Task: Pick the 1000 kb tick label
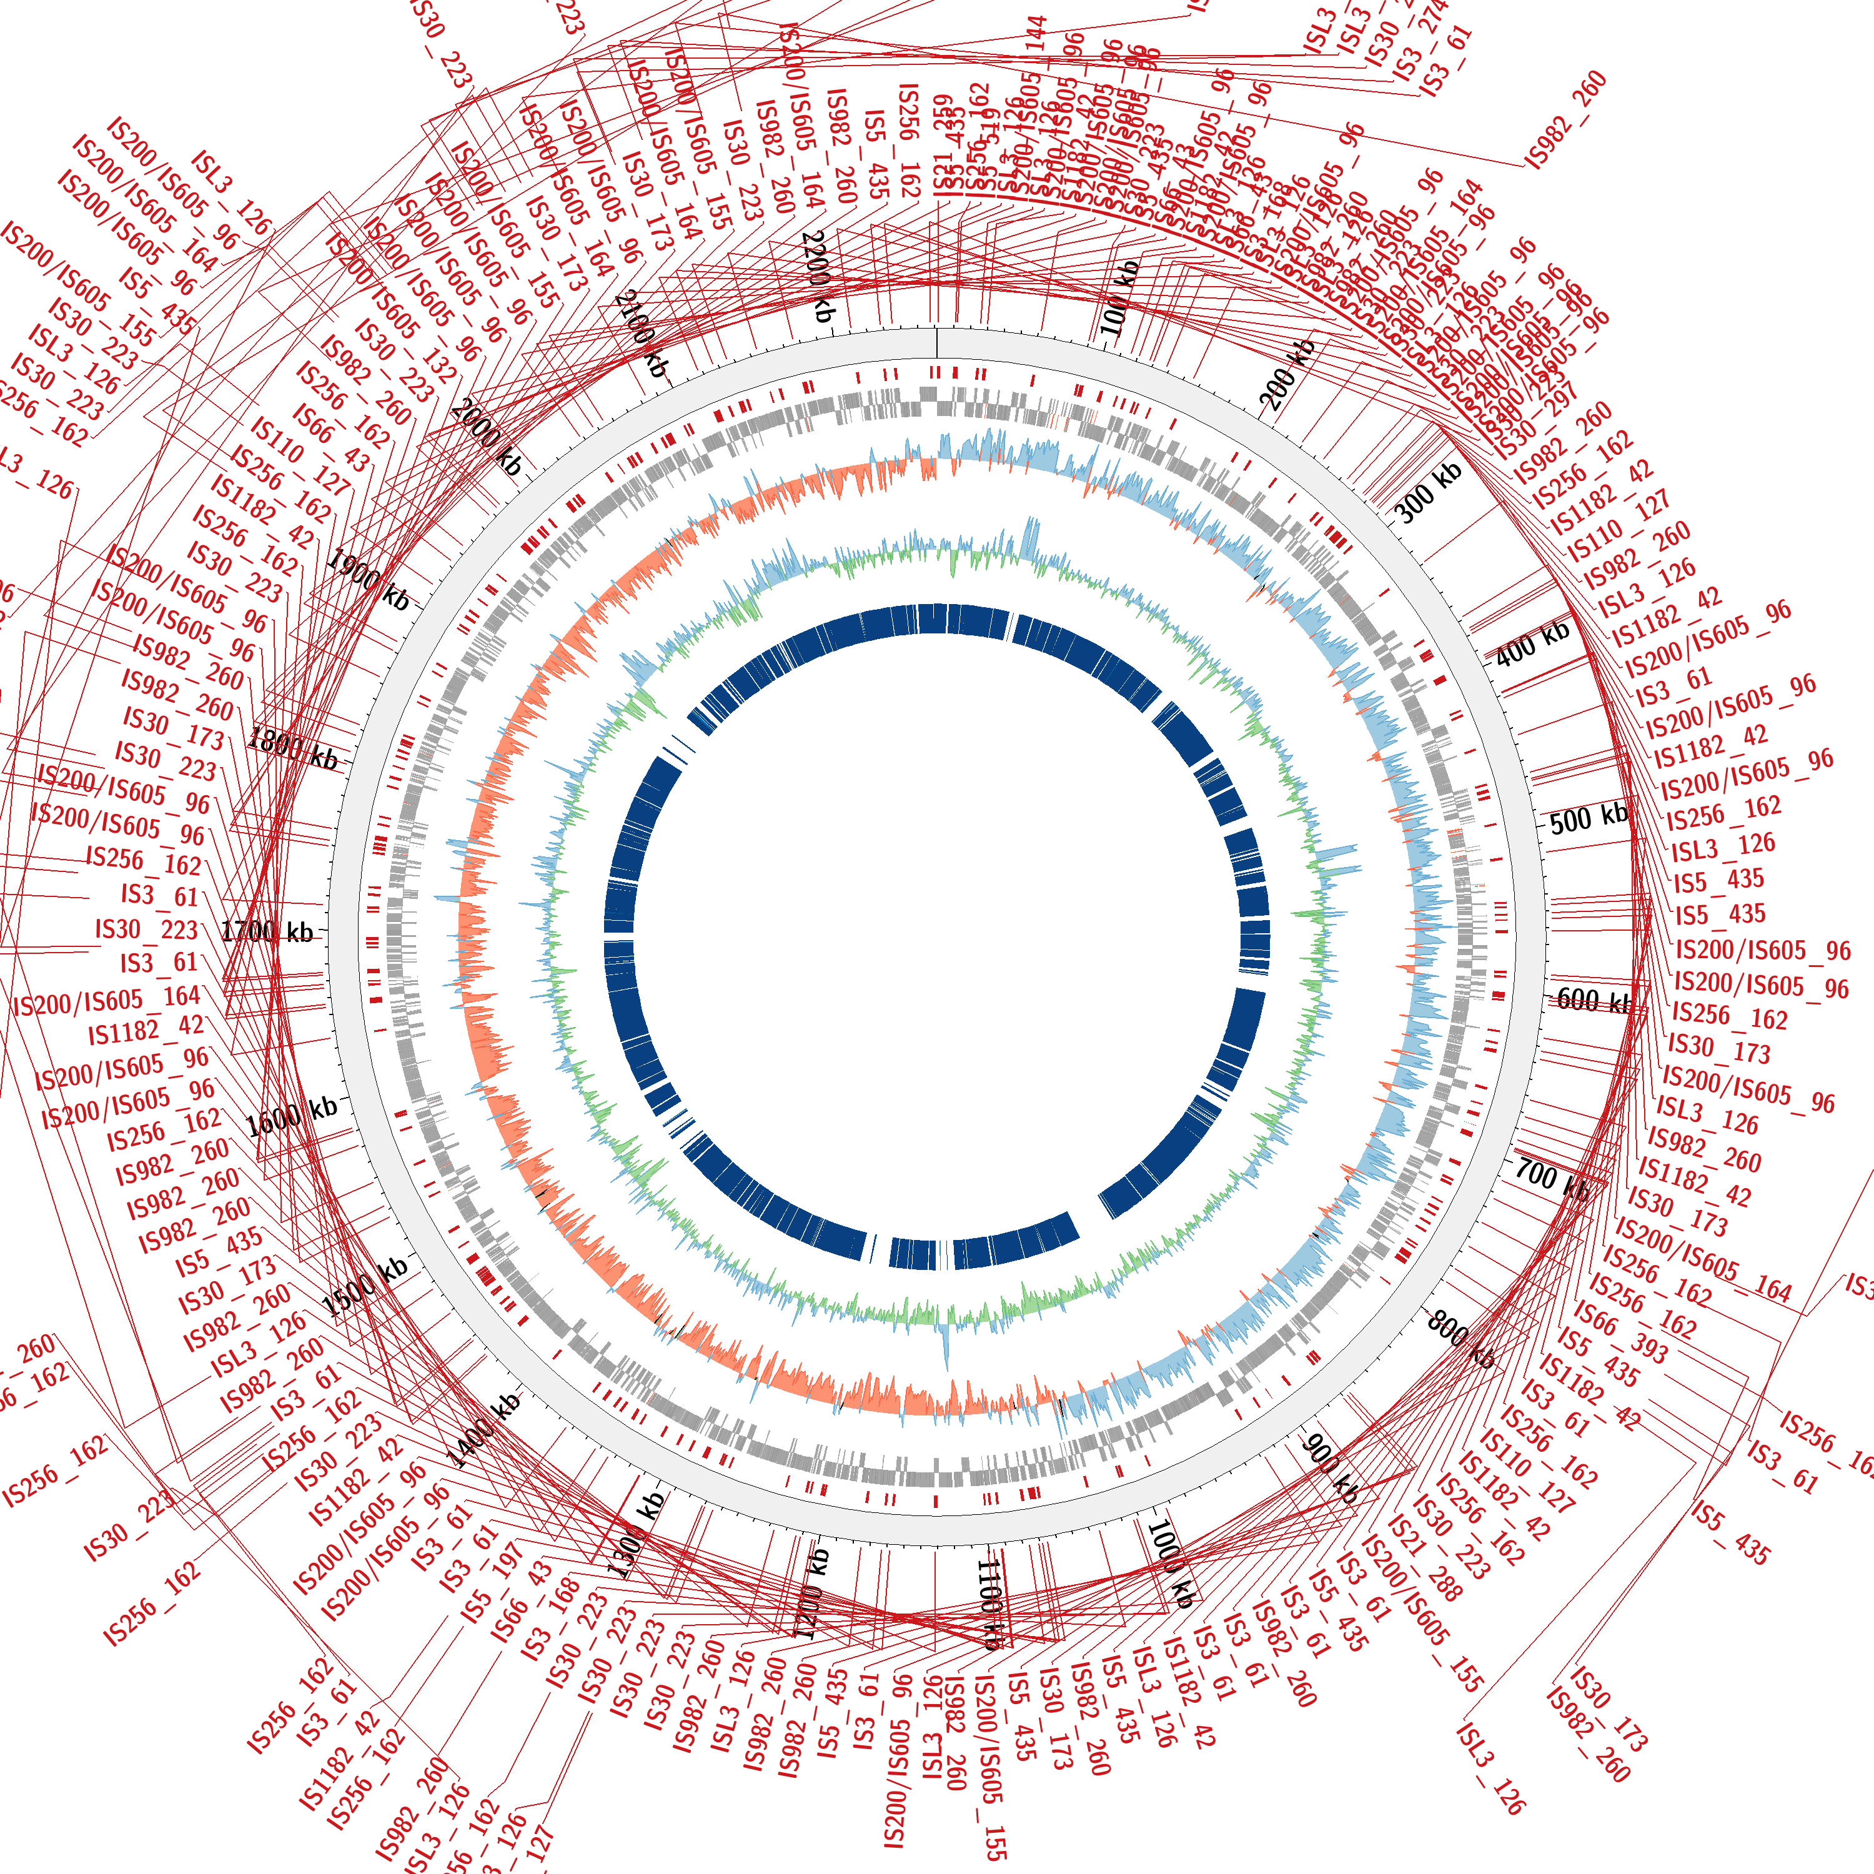pyautogui.click(x=1171, y=1563)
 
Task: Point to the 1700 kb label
pyautogui.click(x=268, y=932)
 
